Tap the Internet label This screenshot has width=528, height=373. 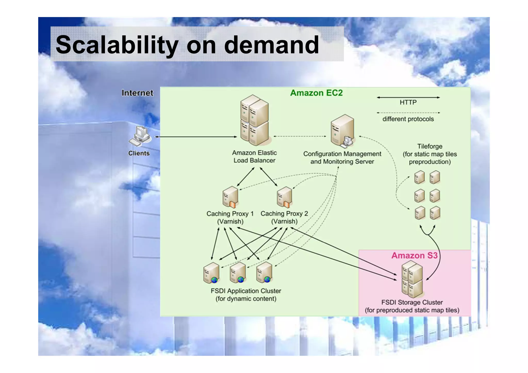pos(137,93)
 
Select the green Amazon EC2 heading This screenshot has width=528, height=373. pos(316,93)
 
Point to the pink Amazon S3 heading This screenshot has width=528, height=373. pos(414,255)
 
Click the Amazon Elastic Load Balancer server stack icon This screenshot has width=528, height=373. pos(254,120)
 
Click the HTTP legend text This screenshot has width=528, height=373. pos(408,103)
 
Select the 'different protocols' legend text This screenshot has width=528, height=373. pos(408,119)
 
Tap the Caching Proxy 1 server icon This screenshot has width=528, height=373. pos(230,197)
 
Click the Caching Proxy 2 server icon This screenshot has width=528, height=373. pos(284,197)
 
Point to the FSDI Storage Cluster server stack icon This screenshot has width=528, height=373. pos(412,279)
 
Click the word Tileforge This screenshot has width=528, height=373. pos(430,146)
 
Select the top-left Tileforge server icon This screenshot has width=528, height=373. pos(419,177)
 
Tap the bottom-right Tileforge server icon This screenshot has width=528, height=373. pos(435,213)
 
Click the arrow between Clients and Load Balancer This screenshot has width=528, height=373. pos(196,137)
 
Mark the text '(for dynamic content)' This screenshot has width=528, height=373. pos(246,299)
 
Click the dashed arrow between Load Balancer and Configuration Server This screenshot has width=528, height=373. pos(300,136)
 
